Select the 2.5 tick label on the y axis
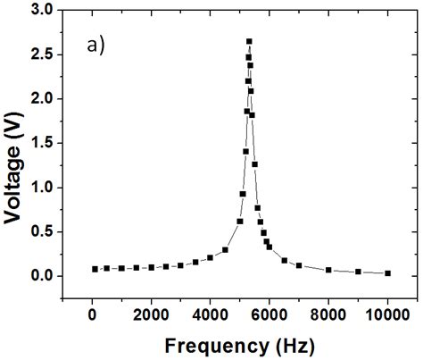(x=42, y=54)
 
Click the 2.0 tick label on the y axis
(x=42, y=99)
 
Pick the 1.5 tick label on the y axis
(x=42, y=143)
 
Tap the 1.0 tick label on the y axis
(x=42, y=188)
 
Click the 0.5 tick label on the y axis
(x=42, y=231)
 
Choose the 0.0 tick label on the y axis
(x=42, y=276)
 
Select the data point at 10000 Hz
(x=387, y=273)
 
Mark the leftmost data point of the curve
(x=95, y=269)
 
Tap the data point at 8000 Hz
(x=328, y=270)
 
